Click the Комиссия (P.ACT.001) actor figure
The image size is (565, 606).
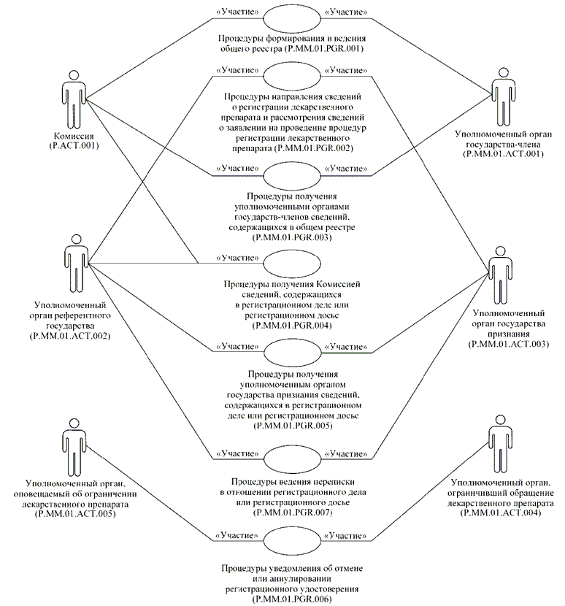(x=72, y=99)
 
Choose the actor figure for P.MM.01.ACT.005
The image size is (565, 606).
(x=72, y=447)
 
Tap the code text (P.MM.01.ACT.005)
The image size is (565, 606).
(x=75, y=515)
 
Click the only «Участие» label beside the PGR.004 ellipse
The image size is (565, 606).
(x=237, y=257)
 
